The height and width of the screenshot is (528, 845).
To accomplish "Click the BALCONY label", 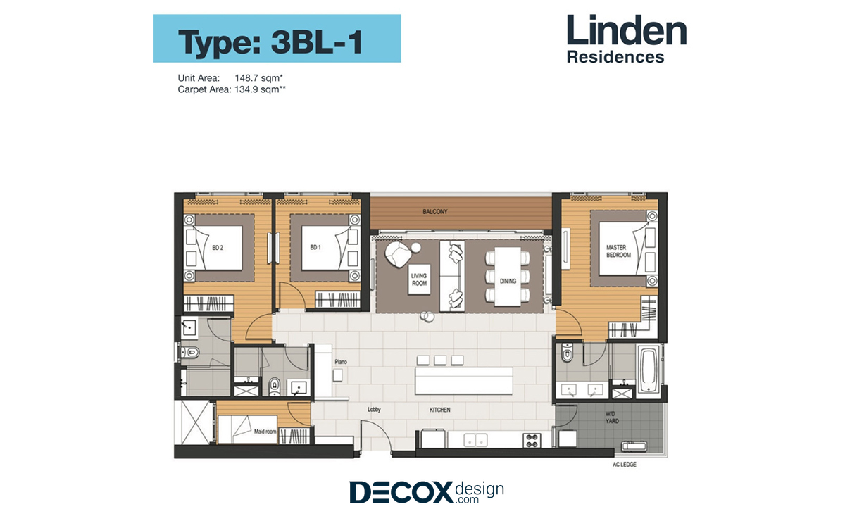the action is [435, 212].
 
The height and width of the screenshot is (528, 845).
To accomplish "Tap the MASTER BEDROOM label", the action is [619, 251].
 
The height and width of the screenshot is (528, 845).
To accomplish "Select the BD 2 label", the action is [218, 248].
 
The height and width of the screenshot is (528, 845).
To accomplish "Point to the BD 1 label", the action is [315, 247].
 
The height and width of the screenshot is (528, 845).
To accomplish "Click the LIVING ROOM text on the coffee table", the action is [419, 279].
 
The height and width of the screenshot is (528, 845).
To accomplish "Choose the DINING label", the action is [508, 281].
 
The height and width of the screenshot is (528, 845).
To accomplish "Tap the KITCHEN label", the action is [440, 410].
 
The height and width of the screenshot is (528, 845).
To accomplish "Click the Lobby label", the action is [374, 409].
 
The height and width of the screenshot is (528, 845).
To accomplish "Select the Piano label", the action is [341, 362].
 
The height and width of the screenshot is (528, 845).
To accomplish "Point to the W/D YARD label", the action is [612, 417].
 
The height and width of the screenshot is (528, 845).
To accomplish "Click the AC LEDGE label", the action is [625, 464].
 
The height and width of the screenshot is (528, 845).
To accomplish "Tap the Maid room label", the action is [265, 431].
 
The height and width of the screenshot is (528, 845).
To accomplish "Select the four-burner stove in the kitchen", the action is [532, 441].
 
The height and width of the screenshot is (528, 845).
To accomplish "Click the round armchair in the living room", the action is [398, 254].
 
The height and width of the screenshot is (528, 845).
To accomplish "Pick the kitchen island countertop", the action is [463, 382].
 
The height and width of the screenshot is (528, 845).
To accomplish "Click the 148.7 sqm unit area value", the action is [259, 78].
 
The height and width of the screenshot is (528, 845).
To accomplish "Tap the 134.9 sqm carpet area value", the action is [261, 89].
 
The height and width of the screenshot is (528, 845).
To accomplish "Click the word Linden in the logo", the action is [627, 30].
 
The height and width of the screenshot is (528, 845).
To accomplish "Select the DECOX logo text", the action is [401, 492].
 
